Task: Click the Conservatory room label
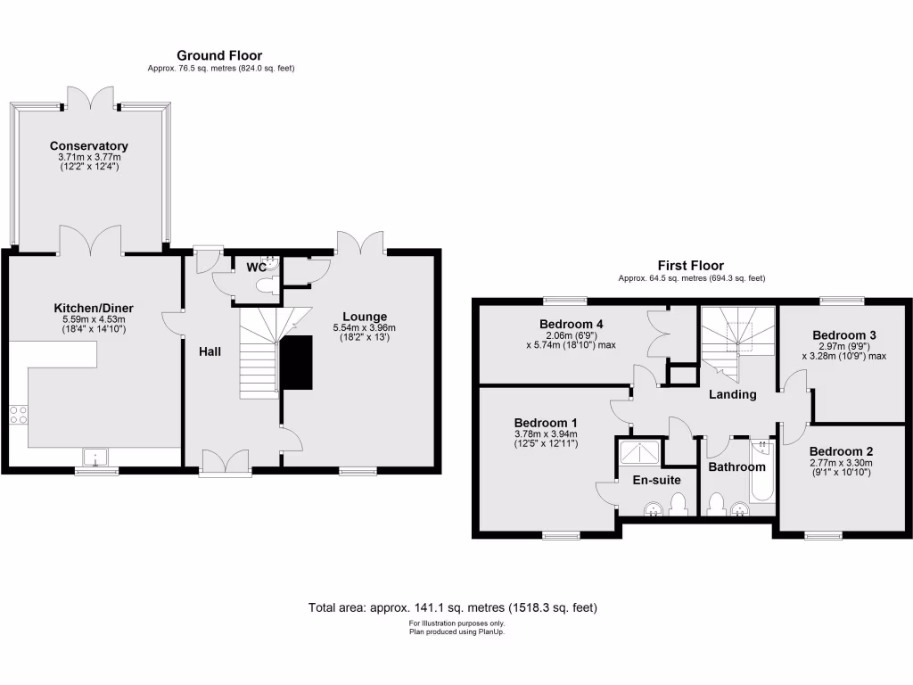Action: point(89,145)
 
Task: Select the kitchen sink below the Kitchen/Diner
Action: point(95,458)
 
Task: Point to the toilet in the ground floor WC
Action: point(265,285)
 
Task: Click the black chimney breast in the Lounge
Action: point(297,363)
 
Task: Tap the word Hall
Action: point(210,351)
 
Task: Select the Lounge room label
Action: point(364,316)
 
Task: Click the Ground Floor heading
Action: point(219,55)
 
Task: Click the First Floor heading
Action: point(690,265)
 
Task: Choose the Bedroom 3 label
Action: point(843,335)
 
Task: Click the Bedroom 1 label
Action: point(546,422)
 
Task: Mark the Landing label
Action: point(733,394)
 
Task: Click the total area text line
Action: point(452,607)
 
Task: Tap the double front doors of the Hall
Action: point(224,461)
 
